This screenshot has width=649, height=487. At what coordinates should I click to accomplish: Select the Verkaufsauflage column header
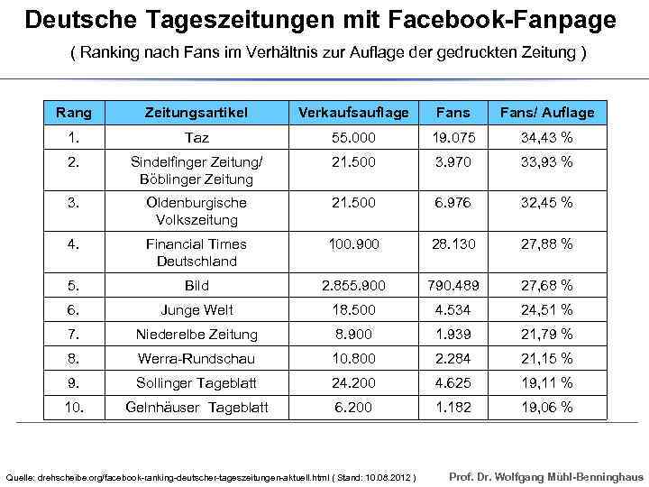click(353, 113)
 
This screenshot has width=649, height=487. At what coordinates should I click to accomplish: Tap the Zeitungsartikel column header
click(197, 113)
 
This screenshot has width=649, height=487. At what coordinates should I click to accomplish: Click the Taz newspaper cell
click(197, 138)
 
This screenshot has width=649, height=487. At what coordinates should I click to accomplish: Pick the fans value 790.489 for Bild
click(453, 286)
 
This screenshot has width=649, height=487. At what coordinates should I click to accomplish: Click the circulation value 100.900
click(353, 244)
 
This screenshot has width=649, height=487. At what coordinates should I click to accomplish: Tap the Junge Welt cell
click(197, 310)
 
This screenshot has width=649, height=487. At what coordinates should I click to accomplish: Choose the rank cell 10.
click(74, 408)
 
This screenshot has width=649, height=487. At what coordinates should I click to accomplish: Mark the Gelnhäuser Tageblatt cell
click(197, 408)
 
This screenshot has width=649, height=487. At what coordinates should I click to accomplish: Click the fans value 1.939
click(453, 335)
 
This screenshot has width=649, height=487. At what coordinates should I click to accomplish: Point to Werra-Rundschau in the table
click(197, 359)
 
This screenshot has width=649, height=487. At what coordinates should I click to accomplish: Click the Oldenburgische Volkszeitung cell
click(197, 211)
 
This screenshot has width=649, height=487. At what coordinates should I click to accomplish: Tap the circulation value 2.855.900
click(353, 286)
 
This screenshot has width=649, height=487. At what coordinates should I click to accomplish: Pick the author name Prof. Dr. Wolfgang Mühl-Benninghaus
click(546, 474)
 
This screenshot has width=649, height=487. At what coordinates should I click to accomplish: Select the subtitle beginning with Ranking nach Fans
click(328, 53)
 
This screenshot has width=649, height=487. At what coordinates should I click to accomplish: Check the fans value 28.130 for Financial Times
click(453, 244)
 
